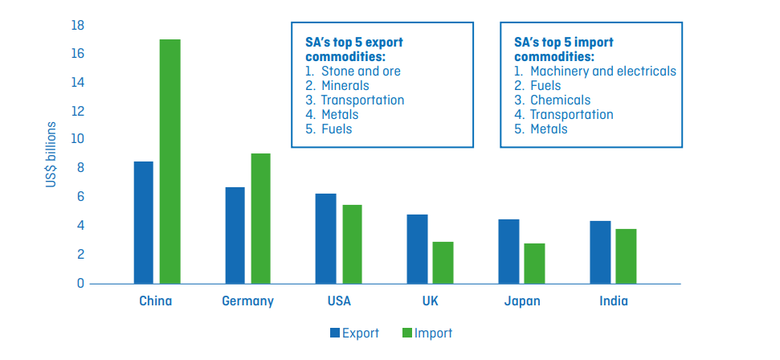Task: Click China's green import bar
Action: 169,161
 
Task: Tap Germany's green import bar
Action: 260,218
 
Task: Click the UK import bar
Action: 443,262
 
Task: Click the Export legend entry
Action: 353,333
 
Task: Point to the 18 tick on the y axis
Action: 77,25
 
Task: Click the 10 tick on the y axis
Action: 77,139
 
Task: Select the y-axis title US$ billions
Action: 51,155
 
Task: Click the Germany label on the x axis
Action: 247,302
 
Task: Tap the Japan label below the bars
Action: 521,302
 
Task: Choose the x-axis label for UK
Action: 430,302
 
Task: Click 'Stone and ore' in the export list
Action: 360,71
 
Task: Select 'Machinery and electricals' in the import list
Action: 602,71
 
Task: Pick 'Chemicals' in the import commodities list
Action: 560,100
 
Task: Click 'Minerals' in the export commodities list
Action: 345,85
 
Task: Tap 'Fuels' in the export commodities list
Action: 336,129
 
